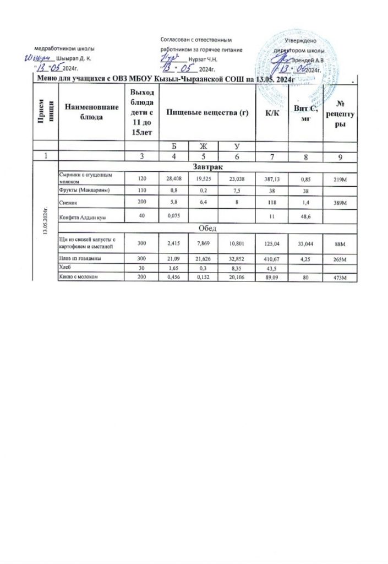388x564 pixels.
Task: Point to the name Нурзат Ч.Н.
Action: (x=203, y=58)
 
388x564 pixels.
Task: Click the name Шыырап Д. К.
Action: (x=74, y=58)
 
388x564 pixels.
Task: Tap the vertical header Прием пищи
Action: (x=44, y=112)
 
